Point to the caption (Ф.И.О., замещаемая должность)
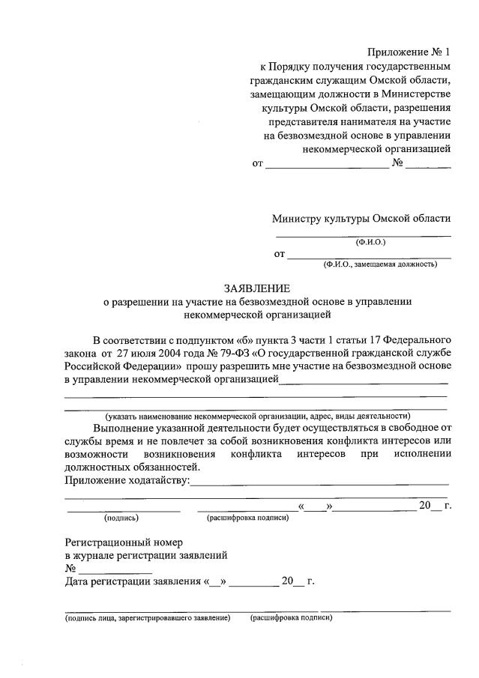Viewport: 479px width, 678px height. tap(380, 264)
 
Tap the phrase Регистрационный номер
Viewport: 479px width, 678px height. tap(124, 542)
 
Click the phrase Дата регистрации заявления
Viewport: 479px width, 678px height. tap(133, 581)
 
